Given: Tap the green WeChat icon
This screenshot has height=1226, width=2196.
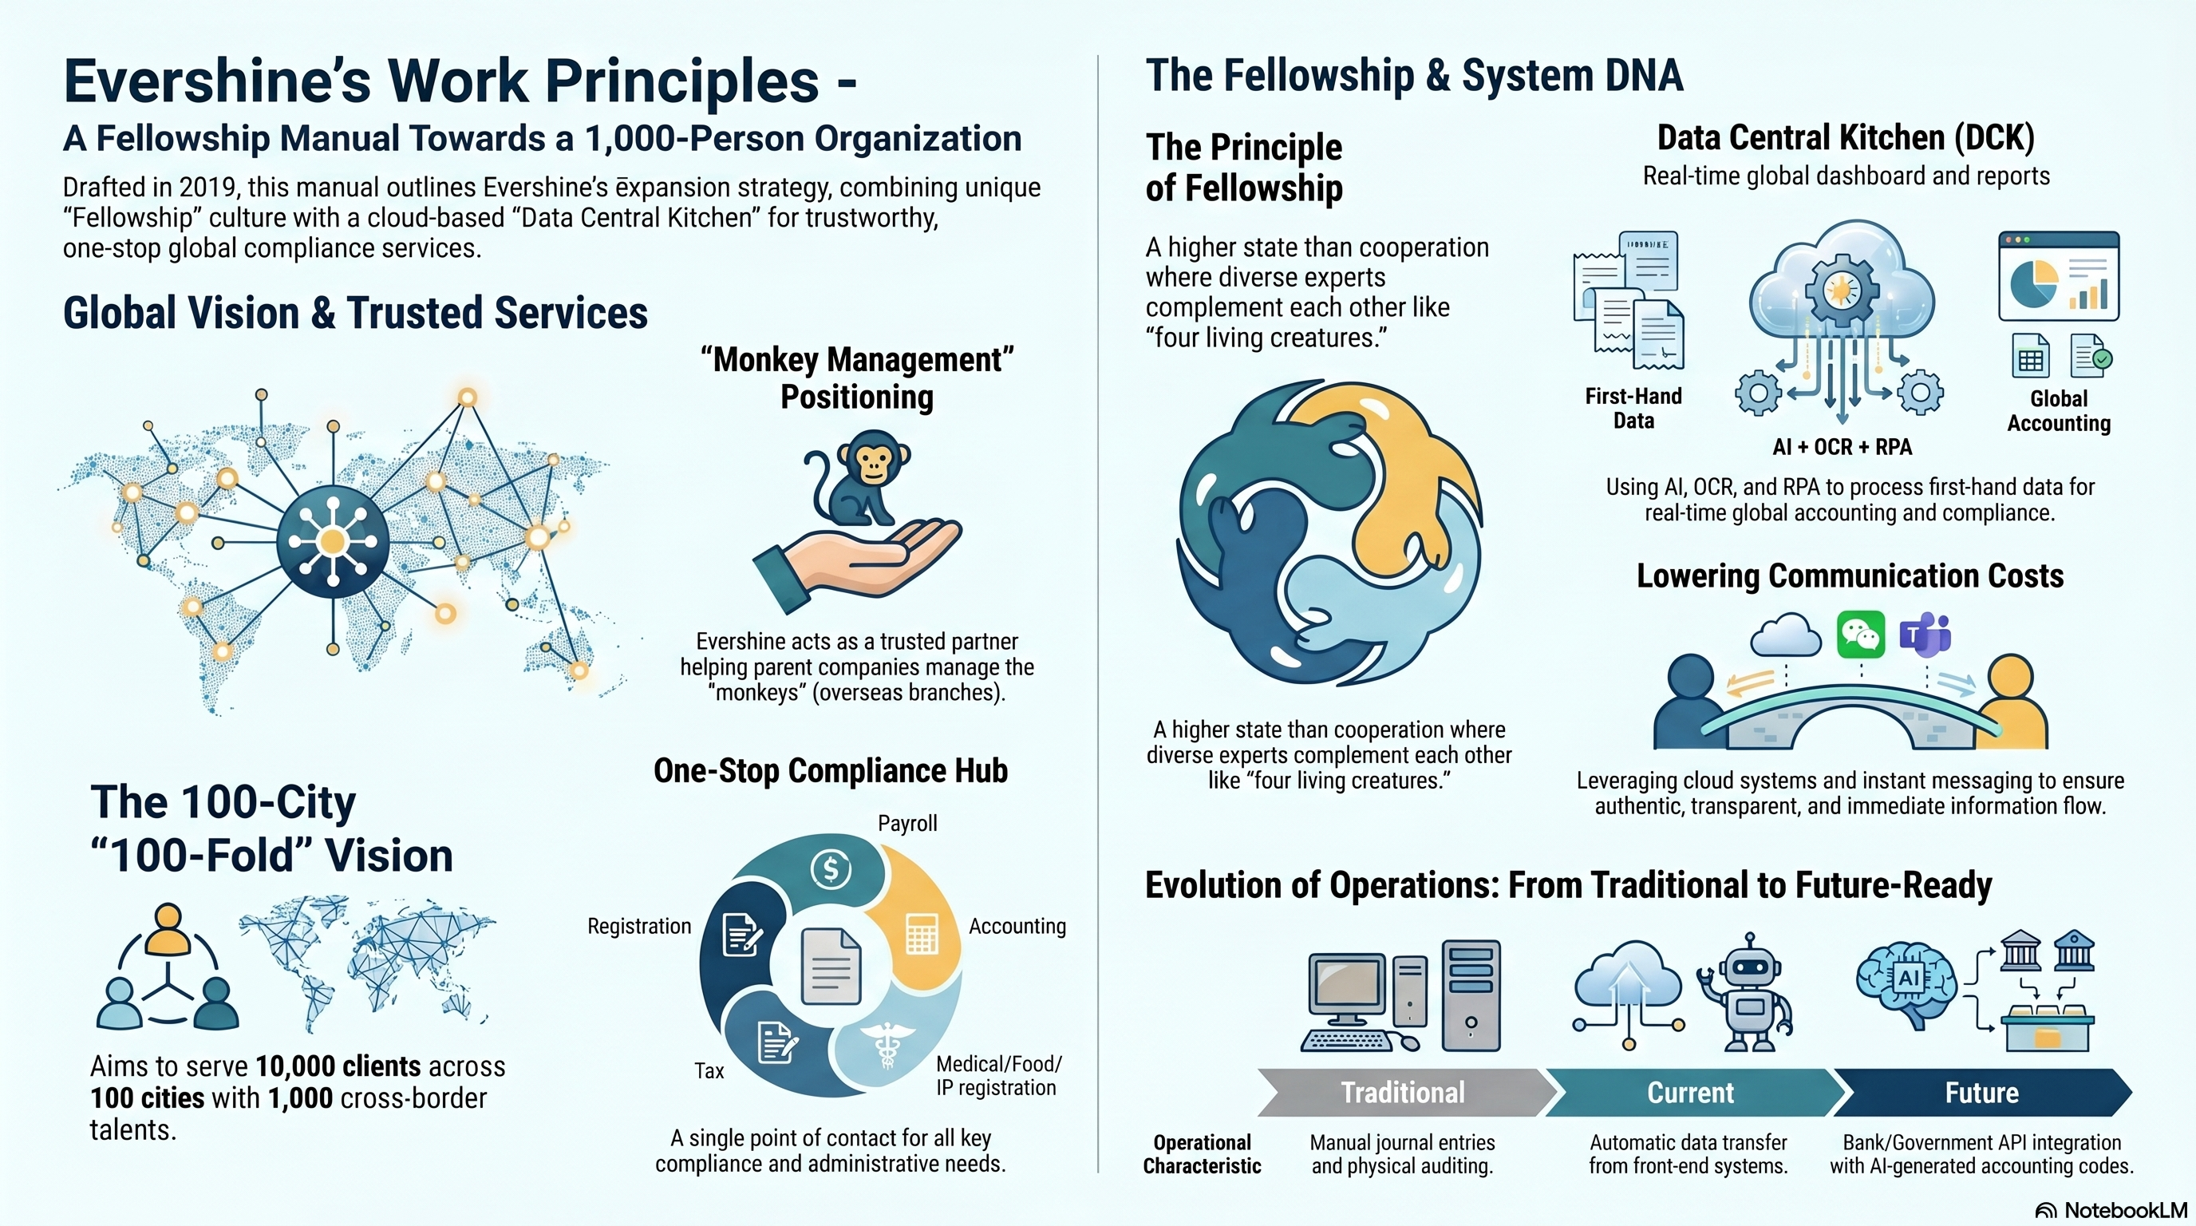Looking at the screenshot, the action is tap(1861, 635).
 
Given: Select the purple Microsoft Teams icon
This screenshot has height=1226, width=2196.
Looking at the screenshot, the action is tap(1925, 635).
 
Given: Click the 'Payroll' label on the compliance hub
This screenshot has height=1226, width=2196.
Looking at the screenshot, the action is tap(907, 824).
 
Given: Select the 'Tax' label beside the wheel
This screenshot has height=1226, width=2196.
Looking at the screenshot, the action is tap(709, 1071).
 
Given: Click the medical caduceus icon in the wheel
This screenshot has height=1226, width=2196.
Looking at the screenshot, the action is tap(887, 1043).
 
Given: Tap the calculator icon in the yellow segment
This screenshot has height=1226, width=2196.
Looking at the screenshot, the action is tap(922, 934).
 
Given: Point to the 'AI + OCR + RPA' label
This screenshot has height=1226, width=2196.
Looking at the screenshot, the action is tap(1843, 447).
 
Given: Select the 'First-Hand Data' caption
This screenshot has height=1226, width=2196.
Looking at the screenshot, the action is tap(1633, 409).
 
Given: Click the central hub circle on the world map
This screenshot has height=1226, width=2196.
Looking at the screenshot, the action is tap(333, 540).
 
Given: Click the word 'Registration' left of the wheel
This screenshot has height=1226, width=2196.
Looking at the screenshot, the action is tap(639, 927).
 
